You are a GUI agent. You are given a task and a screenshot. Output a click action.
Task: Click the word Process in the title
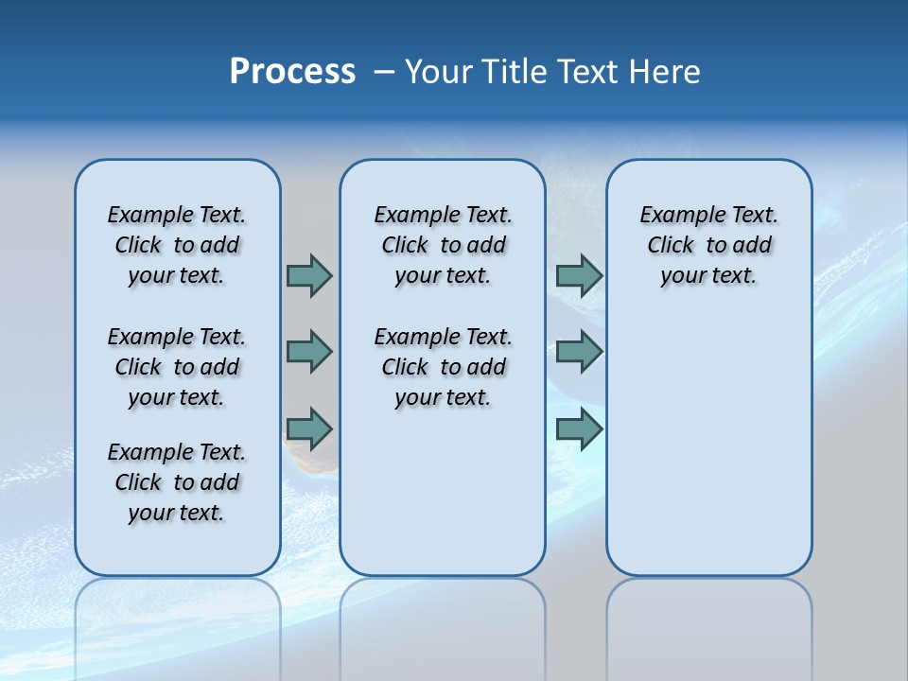point(292,71)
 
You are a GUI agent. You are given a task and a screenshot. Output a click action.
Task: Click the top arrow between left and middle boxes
point(309,275)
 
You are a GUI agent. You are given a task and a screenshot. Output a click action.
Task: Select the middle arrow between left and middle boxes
point(309,352)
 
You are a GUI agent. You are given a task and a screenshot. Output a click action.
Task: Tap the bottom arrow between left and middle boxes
point(309,428)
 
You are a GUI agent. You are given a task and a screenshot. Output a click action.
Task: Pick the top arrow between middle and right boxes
point(579,275)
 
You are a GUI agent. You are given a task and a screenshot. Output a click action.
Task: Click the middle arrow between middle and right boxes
point(579,352)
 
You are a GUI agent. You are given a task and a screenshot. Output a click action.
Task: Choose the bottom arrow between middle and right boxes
point(579,428)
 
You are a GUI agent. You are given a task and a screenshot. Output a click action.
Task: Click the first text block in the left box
point(177,245)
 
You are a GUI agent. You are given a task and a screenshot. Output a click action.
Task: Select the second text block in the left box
point(177,367)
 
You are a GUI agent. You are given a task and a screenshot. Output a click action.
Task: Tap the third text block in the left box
point(177,482)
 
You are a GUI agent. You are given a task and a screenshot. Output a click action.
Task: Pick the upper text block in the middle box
point(443,245)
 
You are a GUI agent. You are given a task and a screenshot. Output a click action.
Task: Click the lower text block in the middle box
point(443,367)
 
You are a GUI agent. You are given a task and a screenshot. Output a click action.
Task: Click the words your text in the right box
point(708,276)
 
